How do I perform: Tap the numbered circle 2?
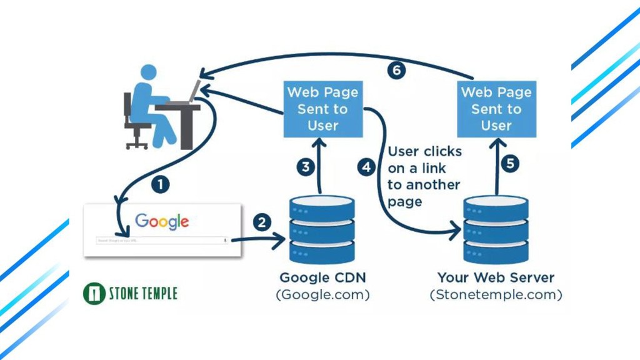click(262, 222)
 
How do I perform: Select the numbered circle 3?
click(306, 167)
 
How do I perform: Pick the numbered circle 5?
click(511, 164)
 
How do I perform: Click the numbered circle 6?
click(396, 70)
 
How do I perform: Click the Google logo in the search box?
click(162, 221)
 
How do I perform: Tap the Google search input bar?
click(161, 240)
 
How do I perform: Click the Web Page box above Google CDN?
click(322, 109)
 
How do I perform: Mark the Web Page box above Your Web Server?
click(496, 109)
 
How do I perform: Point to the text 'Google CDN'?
click(322, 277)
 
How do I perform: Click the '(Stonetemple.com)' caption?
click(496, 294)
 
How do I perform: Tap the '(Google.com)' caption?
click(322, 294)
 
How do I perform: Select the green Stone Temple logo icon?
click(93, 293)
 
